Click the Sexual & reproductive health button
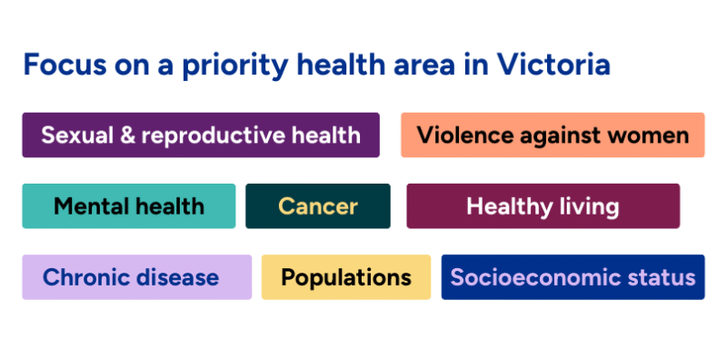coord(200,135)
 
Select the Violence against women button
coord(553,135)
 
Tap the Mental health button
coord(128,206)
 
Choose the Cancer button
coord(317,206)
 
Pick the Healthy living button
coord(543,206)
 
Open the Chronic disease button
coord(136,277)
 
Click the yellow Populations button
coord(346,277)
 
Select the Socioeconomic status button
coord(573,277)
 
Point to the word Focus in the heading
coord(57,65)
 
